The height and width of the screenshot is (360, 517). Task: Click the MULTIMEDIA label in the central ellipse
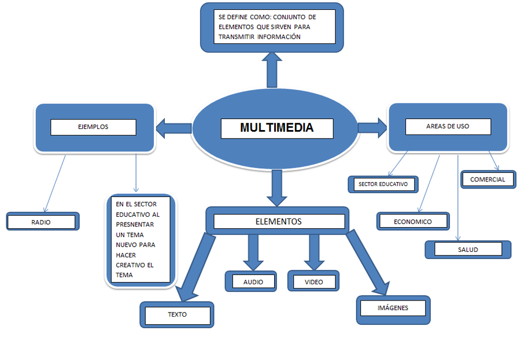coord(277,128)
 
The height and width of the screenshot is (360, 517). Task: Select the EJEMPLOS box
coord(93,127)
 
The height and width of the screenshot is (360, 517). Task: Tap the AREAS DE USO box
coord(448,127)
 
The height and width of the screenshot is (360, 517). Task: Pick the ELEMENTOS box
coord(278,221)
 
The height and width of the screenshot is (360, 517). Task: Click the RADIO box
coord(42,222)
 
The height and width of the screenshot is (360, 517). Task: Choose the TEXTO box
coord(177,315)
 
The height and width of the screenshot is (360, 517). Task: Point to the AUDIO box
coord(253,282)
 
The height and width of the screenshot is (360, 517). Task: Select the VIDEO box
coord(313,282)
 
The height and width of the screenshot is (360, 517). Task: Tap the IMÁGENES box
coord(393,308)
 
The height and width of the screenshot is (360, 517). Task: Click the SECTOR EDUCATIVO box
coord(383,184)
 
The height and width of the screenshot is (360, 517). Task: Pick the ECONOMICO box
coord(412,221)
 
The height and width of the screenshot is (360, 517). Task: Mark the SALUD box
coord(468,250)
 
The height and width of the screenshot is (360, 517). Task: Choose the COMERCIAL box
coord(488,179)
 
